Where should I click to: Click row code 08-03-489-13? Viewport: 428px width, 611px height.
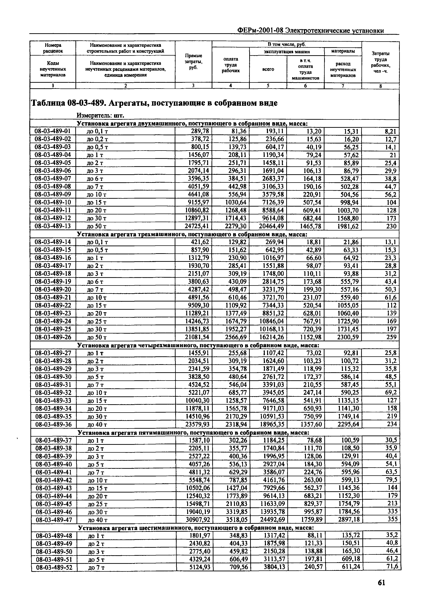53,226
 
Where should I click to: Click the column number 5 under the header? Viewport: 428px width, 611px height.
268,86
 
